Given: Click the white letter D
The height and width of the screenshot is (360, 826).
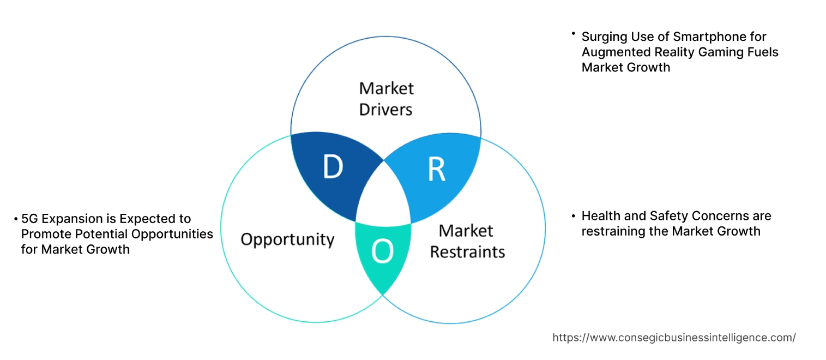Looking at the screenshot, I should pyautogui.click(x=333, y=167).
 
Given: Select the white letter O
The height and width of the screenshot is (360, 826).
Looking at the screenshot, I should pyautogui.click(x=382, y=251).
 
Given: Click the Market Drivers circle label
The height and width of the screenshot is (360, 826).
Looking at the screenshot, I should pyautogui.click(x=386, y=99).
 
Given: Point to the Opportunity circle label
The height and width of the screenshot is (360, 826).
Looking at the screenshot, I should pyautogui.click(x=287, y=239).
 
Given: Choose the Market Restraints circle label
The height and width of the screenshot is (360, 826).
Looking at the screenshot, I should pyautogui.click(x=467, y=241).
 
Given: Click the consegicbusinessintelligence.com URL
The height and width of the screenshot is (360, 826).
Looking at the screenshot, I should pyautogui.click(x=674, y=338).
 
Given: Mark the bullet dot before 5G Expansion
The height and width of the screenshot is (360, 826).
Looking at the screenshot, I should pyautogui.click(x=16, y=219).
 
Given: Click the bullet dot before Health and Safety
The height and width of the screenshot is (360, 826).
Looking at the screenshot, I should pyautogui.click(x=573, y=216).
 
